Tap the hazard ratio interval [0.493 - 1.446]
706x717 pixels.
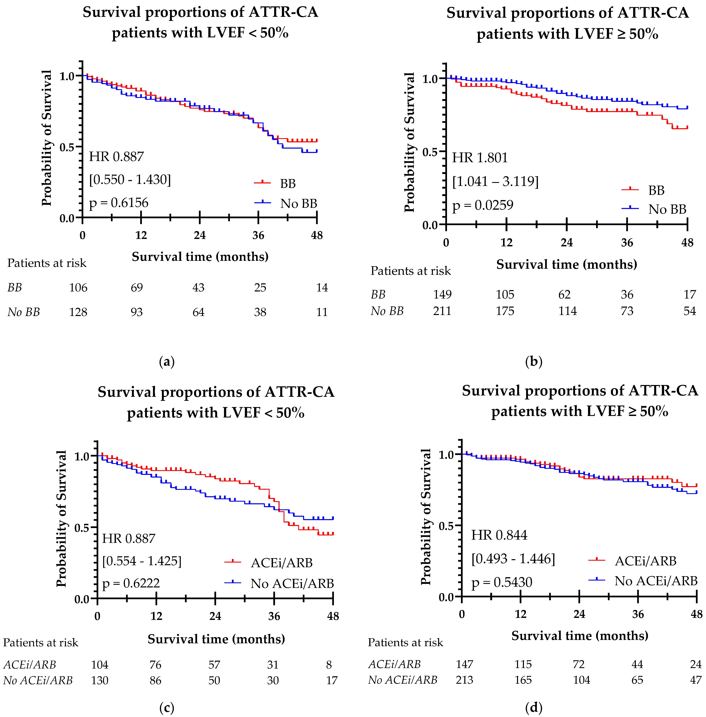point(513,559)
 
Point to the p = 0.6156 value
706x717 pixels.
point(119,203)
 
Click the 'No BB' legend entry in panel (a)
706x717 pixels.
point(299,204)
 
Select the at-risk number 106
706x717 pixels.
point(78,288)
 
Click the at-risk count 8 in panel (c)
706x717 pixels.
point(329,665)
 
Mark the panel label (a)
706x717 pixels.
point(166,361)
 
